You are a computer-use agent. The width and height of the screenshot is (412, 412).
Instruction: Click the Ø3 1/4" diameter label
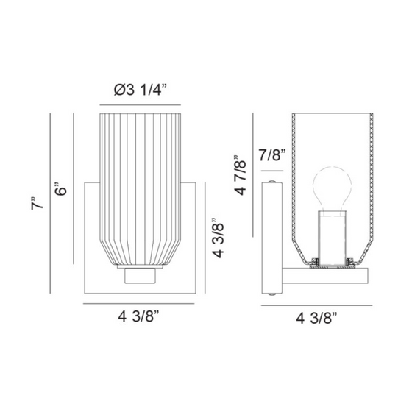point(141,90)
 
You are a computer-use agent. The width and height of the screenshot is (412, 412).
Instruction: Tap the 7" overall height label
point(37,202)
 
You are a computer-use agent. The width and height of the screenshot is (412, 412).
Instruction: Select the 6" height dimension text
point(60,188)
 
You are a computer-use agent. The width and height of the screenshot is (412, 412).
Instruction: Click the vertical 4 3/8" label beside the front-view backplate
point(218,238)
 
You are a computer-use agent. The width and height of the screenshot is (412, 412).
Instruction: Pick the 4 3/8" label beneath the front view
point(139,316)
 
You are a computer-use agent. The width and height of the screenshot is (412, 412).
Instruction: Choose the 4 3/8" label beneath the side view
point(316,318)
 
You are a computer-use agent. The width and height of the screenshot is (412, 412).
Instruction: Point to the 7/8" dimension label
point(272,155)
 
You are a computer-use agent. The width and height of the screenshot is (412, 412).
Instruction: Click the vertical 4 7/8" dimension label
point(240,175)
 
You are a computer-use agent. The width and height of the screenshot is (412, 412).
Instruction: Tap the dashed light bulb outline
point(333,188)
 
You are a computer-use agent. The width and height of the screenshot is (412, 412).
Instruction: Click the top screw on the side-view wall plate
point(272,181)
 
